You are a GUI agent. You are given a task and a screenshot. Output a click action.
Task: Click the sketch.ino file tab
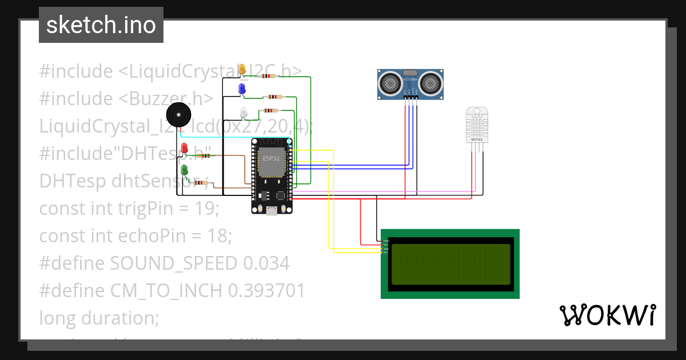click(101, 25)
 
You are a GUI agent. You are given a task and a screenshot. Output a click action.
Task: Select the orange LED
click(242, 69)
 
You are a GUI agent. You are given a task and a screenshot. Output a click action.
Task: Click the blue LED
click(242, 89)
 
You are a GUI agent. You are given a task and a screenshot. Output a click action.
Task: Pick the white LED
click(243, 112)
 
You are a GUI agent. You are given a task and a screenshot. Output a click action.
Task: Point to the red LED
click(184, 149)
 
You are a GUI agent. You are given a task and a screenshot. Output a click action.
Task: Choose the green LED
click(184, 170)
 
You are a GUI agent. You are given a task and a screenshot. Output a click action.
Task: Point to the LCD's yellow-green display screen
click(449, 263)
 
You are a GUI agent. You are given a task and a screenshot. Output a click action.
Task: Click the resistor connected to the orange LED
click(267, 76)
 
